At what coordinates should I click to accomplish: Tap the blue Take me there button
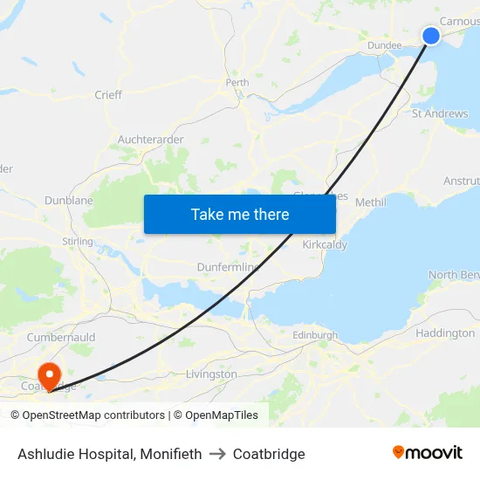[240, 214]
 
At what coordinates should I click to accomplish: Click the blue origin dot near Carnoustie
[431, 35]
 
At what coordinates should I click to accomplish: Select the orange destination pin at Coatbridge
[50, 376]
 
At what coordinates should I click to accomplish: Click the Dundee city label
[384, 45]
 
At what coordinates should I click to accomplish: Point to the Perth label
[237, 83]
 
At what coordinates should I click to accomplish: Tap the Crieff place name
[108, 94]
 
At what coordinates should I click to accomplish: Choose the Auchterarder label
[150, 139]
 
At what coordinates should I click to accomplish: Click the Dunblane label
[69, 200]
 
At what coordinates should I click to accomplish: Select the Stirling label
[78, 241]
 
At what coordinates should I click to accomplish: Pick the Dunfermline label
[230, 267]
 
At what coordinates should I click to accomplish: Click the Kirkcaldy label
[325, 244]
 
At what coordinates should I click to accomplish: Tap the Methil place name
[370, 202]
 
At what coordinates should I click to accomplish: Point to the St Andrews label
[440, 113]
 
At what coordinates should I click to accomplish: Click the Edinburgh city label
[315, 334]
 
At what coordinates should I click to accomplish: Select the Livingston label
[211, 374]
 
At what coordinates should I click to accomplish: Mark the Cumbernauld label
[60, 337]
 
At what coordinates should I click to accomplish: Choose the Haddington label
[445, 333]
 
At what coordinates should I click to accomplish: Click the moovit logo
[428, 453]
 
